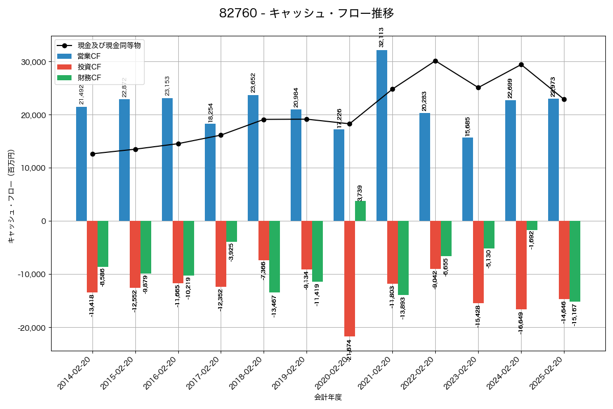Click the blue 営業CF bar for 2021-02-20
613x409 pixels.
click(382, 135)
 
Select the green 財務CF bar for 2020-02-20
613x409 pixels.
click(360, 211)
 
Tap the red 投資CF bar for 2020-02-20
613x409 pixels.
click(349, 279)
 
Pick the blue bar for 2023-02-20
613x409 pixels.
click(467, 179)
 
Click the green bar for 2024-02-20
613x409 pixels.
click(532, 225)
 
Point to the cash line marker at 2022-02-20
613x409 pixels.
click(435, 61)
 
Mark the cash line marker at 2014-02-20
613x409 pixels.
click(92, 154)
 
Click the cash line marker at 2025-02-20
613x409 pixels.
click(564, 99)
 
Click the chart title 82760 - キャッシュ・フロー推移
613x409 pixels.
click(306, 13)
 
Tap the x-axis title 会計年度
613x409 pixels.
click(328, 397)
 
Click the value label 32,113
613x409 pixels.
click(381, 37)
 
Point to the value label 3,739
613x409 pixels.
click(360, 193)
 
